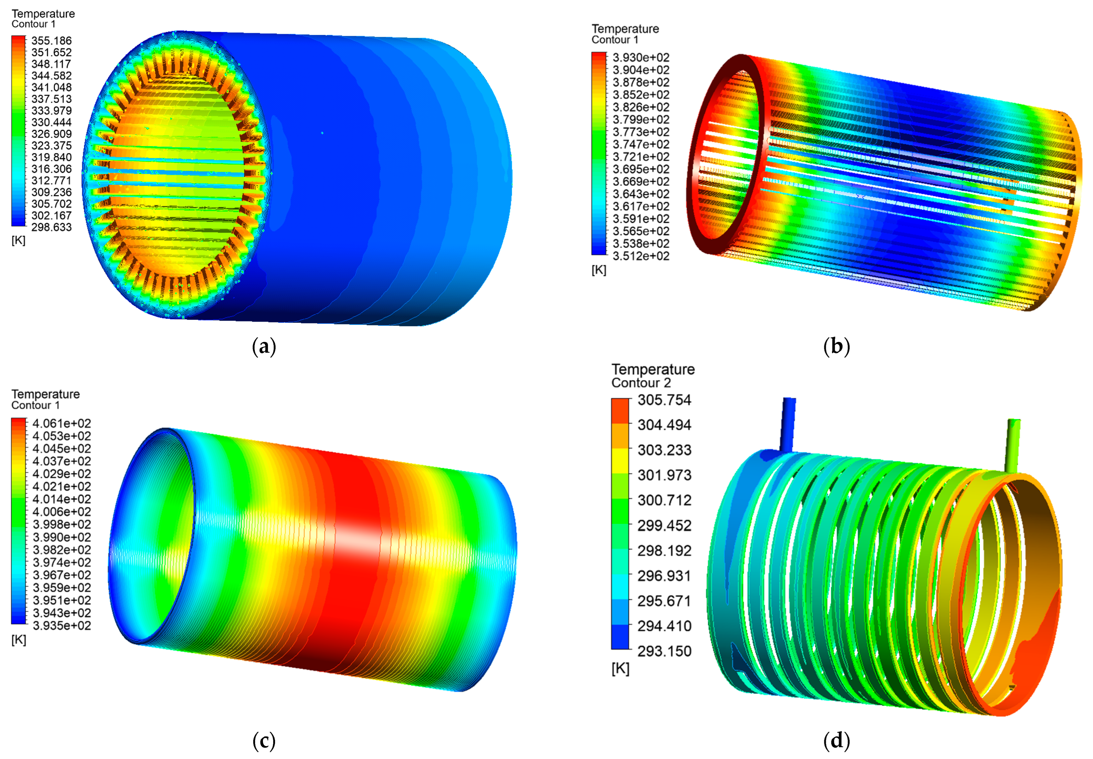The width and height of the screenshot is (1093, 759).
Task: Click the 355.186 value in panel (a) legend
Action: click(x=51, y=41)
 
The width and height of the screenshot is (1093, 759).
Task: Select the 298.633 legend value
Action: click(x=51, y=227)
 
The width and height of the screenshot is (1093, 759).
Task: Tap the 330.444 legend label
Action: click(x=51, y=122)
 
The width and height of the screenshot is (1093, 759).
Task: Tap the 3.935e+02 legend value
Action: click(x=62, y=626)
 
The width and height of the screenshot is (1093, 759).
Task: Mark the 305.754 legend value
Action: click(x=664, y=400)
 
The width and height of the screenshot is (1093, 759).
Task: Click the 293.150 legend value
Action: click(x=664, y=651)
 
